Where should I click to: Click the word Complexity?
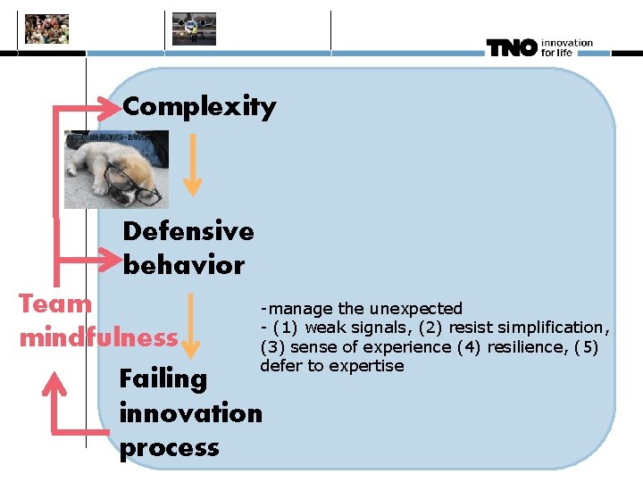pyautogui.click(x=199, y=107)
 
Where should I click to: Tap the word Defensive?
pyautogui.click(x=188, y=231)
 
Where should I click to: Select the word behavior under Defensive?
pyautogui.click(x=183, y=265)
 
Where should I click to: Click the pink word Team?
pyautogui.click(x=55, y=303)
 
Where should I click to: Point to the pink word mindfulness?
pyautogui.click(x=98, y=337)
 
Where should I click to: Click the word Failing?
pyautogui.click(x=163, y=378)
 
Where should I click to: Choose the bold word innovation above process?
pyautogui.click(x=190, y=413)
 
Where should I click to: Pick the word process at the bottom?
pyautogui.click(x=169, y=447)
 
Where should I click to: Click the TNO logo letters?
pyautogui.click(x=511, y=48)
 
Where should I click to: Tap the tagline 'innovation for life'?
pyautogui.click(x=566, y=47)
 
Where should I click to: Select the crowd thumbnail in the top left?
pyautogui.click(x=46, y=29)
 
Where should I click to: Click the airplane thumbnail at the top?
pyautogui.click(x=194, y=29)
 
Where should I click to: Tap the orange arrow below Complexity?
pyautogui.click(x=192, y=164)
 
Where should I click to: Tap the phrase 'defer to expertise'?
pyautogui.click(x=331, y=366)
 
